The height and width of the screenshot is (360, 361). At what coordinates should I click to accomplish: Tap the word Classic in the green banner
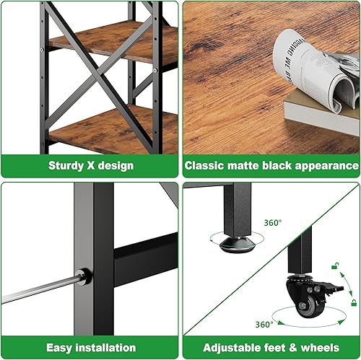tap(206, 166)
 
